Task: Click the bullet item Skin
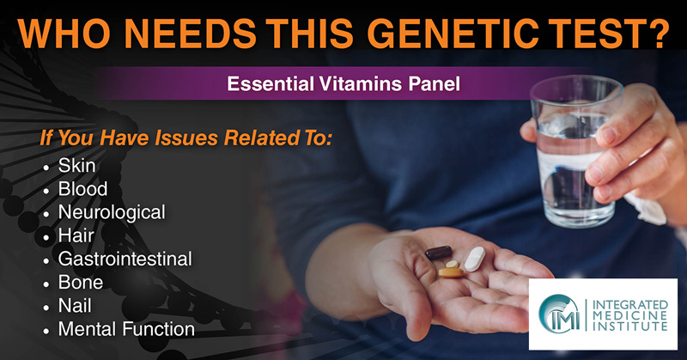pyautogui.click(x=76, y=166)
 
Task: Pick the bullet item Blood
pyautogui.click(x=82, y=189)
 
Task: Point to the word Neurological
pyautogui.click(x=112, y=213)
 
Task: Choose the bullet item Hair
pyautogui.click(x=76, y=236)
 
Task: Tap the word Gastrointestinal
pyautogui.click(x=125, y=259)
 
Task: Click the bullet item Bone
pyautogui.click(x=81, y=283)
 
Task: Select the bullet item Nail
pyautogui.click(x=75, y=306)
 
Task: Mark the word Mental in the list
pyautogui.click(x=88, y=329)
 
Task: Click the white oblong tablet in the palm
pyautogui.click(x=475, y=259)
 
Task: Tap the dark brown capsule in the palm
pyautogui.click(x=439, y=253)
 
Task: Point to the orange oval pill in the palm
pyautogui.click(x=451, y=272)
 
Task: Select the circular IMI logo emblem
pyautogui.click(x=560, y=314)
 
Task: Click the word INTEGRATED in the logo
pyautogui.click(x=630, y=305)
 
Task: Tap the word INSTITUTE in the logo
pyautogui.click(x=630, y=326)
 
